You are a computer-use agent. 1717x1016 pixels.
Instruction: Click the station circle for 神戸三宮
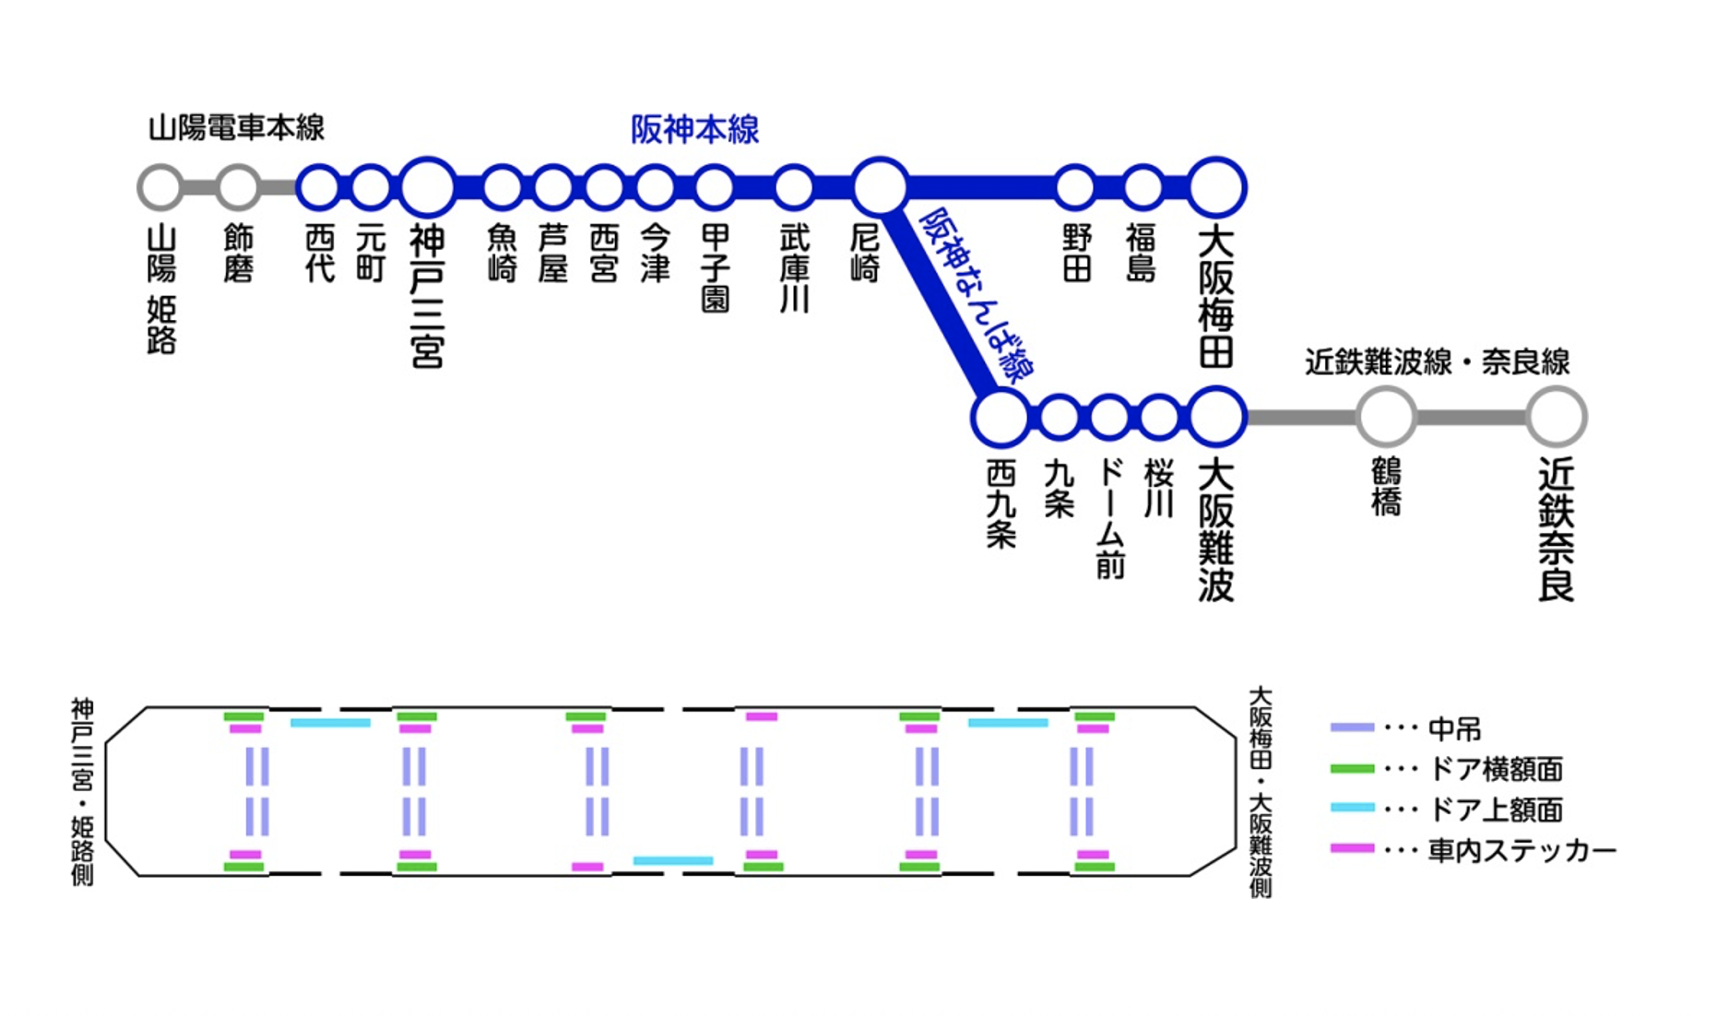pos(427,187)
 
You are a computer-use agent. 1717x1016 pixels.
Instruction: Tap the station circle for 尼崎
pos(880,187)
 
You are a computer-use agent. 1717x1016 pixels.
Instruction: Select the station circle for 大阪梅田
pos(1216,187)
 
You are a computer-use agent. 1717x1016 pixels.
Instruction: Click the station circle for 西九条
pos(1000,418)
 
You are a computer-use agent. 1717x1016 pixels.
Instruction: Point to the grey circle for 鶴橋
pos(1385,418)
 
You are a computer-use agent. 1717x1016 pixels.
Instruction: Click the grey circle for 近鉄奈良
pos(1556,418)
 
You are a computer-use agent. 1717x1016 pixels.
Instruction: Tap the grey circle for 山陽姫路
pos(160,187)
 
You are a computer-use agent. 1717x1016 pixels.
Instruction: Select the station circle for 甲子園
pos(714,187)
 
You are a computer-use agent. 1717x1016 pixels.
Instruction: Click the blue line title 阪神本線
pos(694,129)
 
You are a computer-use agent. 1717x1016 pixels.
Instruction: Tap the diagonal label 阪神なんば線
pos(977,295)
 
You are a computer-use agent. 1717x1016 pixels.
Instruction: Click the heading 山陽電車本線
pos(236,127)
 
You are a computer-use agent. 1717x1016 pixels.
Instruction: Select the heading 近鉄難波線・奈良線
pos(1437,361)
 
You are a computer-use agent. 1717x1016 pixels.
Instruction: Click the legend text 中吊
pos(1454,729)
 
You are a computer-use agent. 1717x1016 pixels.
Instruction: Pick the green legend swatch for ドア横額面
pos(1352,768)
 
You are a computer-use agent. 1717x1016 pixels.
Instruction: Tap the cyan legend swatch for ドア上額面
pos(1352,808)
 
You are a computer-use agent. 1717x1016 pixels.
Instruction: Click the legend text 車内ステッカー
pos(1522,850)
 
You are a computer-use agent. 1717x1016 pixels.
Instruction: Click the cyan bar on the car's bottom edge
pos(673,860)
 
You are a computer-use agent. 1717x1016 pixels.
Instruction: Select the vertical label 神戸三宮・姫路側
pos(82,791)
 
